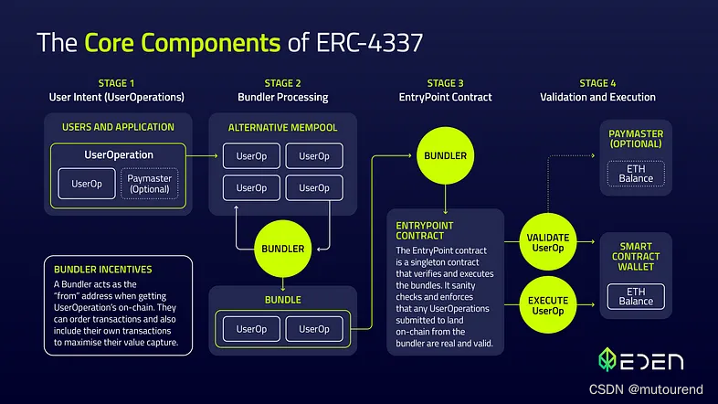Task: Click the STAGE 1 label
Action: point(116,83)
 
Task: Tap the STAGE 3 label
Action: point(446,83)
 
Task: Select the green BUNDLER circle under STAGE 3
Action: point(446,155)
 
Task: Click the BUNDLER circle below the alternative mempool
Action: point(283,248)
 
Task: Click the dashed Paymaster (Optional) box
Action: point(150,183)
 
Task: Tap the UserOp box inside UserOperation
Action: point(87,183)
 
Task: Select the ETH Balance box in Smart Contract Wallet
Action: point(637,296)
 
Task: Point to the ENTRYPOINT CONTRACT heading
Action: point(427,230)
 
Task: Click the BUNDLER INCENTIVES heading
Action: point(103,270)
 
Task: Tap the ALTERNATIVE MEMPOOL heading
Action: point(282,128)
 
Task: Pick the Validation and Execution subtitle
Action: point(597,97)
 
